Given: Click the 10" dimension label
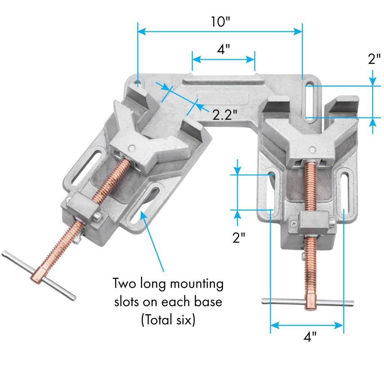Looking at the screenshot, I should tap(220, 22).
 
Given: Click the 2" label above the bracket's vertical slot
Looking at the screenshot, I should tap(374, 59).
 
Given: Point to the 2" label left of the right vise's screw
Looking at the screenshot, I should tap(239, 237).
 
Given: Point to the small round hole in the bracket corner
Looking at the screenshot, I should tap(138, 81).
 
